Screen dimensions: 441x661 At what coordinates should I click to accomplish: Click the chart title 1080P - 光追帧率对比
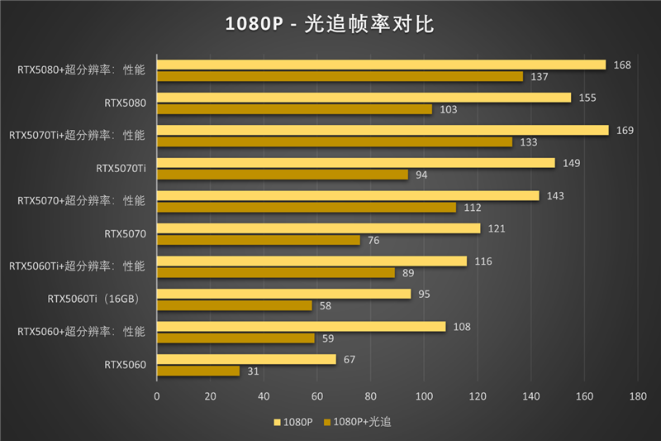[x=330, y=24]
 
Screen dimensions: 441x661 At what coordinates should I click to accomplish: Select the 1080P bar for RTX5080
[x=364, y=98]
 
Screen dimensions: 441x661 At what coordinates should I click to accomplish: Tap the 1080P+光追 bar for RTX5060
[x=198, y=371]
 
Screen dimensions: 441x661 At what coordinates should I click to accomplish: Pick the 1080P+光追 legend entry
[x=357, y=422]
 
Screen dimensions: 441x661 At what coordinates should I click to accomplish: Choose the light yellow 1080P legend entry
[x=292, y=422]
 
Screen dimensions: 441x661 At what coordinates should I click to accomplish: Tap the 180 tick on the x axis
[x=637, y=396]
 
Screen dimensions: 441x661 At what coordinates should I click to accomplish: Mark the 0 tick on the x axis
[x=157, y=396]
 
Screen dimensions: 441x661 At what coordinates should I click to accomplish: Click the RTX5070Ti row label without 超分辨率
[x=121, y=169]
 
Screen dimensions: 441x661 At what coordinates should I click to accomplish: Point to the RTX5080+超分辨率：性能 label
[x=81, y=70]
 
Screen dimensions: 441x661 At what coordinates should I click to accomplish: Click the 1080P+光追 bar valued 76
[x=259, y=240]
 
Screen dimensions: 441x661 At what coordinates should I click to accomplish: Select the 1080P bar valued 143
[x=348, y=195]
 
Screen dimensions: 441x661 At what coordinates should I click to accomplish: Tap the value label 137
[x=538, y=76]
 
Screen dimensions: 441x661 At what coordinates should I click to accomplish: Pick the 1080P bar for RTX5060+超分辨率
[x=301, y=327]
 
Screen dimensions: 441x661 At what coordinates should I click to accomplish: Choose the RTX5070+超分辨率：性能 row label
[x=81, y=201]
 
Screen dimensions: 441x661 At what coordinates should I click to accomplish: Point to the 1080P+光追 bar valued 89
[x=276, y=272]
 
